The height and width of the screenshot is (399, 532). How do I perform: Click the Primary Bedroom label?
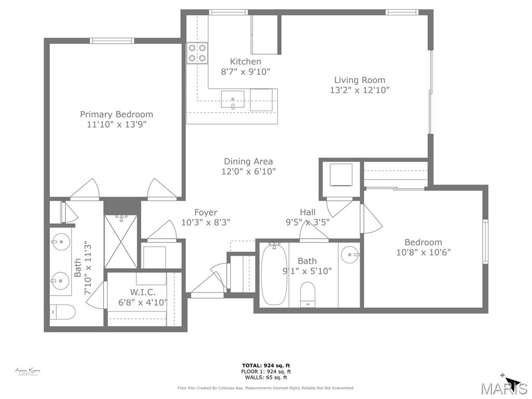pyautogui.click(x=116, y=114)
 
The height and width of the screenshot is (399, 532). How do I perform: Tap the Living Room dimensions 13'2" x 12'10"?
pyautogui.click(x=360, y=90)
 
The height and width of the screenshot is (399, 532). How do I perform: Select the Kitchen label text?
pyautogui.click(x=245, y=62)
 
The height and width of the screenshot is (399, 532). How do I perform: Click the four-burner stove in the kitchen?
pyautogui.click(x=197, y=53)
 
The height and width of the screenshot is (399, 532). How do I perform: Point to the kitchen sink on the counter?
pyautogui.click(x=233, y=98)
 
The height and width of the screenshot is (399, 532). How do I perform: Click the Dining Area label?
pyautogui.click(x=248, y=162)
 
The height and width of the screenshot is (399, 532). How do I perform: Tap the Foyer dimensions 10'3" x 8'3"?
pyautogui.click(x=206, y=222)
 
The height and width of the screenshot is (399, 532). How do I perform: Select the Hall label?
pyautogui.click(x=308, y=212)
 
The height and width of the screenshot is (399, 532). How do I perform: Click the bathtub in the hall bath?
pyautogui.click(x=273, y=274)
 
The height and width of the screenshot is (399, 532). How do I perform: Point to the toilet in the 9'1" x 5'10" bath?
pyautogui.click(x=308, y=295)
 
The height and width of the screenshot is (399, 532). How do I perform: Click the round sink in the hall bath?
pyautogui.click(x=350, y=255)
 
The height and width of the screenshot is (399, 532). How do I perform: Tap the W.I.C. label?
pyautogui.click(x=143, y=292)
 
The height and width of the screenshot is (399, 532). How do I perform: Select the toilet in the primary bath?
pyautogui.click(x=61, y=312)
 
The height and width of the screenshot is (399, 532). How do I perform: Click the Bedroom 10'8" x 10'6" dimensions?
pyautogui.click(x=423, y=252)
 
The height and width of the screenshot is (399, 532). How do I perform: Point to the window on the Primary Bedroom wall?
pyautogui.click(x=112, y=41)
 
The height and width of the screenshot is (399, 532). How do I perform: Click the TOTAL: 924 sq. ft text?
pyautogui.click(x=266, y=365)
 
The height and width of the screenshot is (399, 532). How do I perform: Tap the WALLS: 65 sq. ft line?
pyautogui.click(x=266, y=378)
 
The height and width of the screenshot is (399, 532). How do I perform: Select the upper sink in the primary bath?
pyautogui.click(x=61, y=242)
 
